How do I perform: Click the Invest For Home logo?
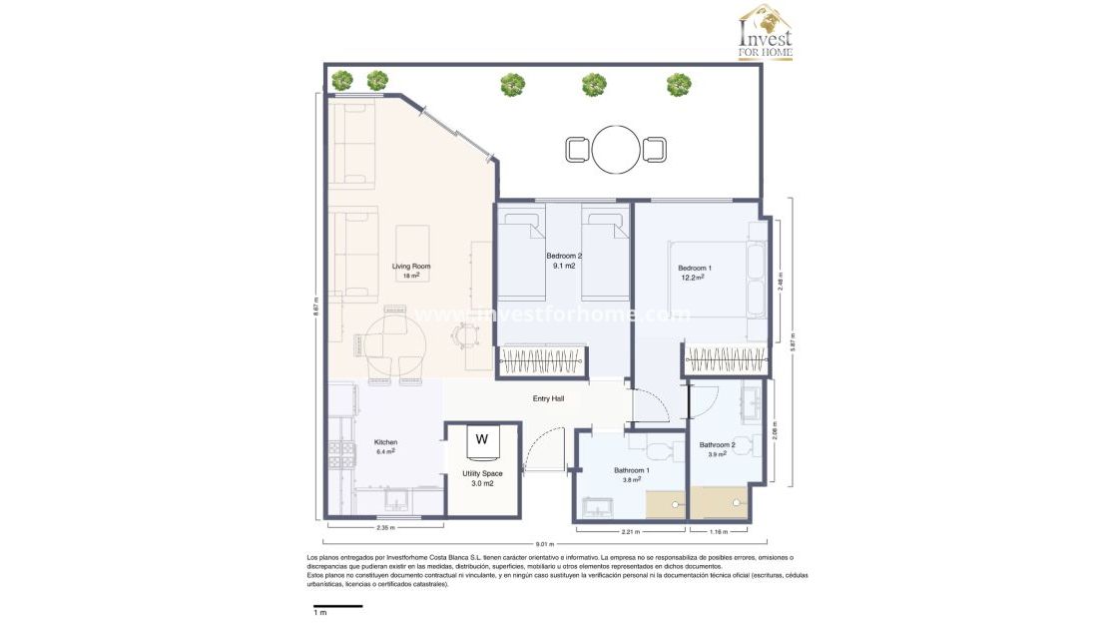click(x=765, y=33)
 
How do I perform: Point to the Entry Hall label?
click(x=548, y=398)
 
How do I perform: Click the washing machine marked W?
click(x=482, y=439)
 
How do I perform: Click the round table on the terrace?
click(x=616, y=150)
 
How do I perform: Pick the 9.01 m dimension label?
click(x=543, y=545)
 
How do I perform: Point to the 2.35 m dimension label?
click(x=384, y=527)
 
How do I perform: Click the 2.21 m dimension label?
click(x=631, y=531)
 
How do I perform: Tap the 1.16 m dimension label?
click(x=718, y=531)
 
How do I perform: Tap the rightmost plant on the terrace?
click(x=679, y=84)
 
